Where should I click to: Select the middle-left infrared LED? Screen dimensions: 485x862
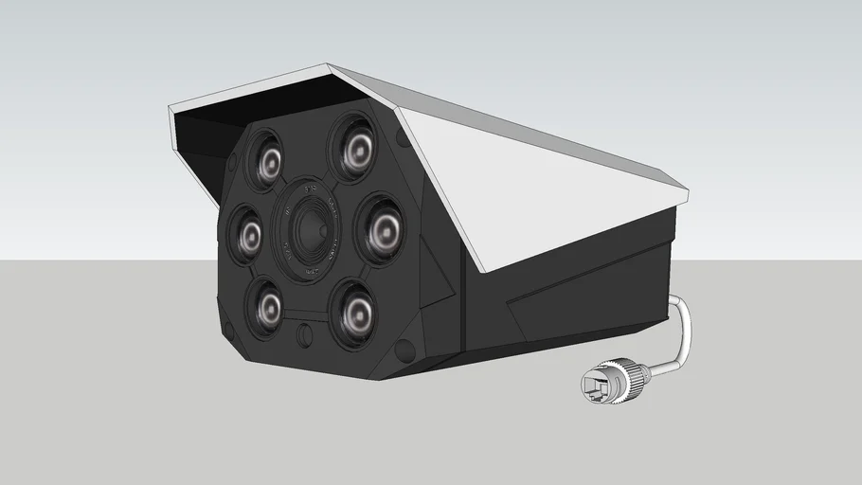249,234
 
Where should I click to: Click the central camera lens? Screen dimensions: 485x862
309,230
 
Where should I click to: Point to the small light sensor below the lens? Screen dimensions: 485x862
305,335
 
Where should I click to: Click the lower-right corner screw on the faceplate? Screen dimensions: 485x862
405,350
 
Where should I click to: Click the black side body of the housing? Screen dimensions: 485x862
568,294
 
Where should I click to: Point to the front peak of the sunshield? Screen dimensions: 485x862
329,66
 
